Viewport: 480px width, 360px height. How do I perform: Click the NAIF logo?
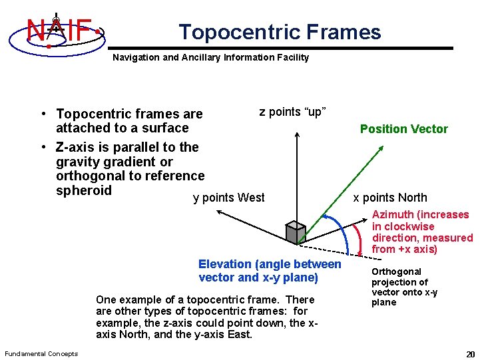click(59, 30)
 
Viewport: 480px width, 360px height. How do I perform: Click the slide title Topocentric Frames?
click(280, 32)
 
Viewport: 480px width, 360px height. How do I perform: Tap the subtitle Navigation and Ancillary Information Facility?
click(210, 57)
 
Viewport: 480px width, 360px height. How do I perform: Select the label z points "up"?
click(292, 112)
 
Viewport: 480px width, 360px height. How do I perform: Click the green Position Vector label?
click(403, 129)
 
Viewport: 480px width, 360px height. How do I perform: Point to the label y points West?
click(228, 198)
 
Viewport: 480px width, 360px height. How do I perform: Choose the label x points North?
click(390, 198)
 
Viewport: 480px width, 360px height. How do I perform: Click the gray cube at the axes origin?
click(295, 232)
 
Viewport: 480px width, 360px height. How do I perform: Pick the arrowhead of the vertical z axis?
click(296, 134)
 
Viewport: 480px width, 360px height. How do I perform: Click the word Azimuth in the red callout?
click(393, 215)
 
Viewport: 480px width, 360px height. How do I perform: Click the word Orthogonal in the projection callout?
click(396, 271)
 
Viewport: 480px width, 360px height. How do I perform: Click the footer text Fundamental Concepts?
click(41, 354)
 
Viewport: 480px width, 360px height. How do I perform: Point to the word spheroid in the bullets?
click(84, 191)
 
